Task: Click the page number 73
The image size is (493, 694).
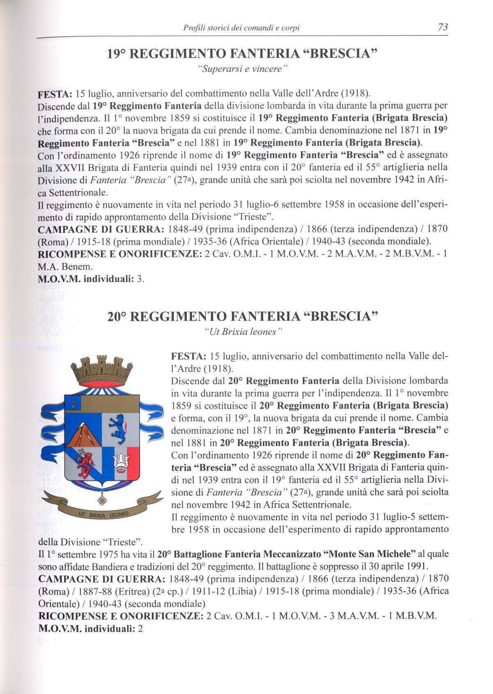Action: coord(443,27)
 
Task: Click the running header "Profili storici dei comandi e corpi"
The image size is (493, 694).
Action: coord(241,28)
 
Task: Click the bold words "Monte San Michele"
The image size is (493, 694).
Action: coord(371,554)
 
